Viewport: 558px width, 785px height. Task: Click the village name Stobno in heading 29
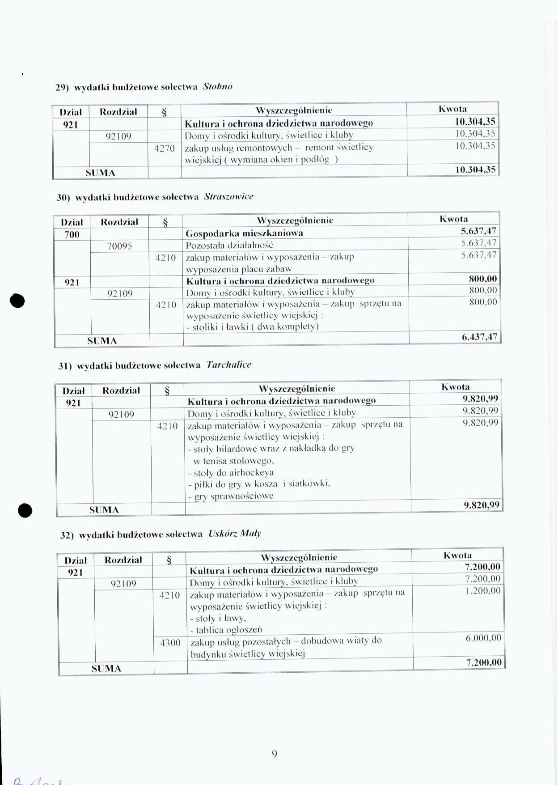point(217,86)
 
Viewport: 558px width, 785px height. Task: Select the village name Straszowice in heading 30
point(228,196)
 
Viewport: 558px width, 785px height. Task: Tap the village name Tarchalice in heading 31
point(228,365)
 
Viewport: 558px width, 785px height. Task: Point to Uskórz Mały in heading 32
point(235,533)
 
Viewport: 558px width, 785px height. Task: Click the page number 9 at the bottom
point(274,754)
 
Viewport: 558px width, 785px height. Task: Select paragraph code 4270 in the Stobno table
point(164,148)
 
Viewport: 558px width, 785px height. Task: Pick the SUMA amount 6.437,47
point(479,337)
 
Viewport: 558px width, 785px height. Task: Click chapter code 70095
point(119,246)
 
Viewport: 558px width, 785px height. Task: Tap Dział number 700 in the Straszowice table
point(72,234)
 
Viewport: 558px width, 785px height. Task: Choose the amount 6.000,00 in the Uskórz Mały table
point(483,638)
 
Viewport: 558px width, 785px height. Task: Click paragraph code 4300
point(170,643)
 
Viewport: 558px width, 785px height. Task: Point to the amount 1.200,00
point(483,590)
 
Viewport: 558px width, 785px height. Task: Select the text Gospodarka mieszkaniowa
point(244,233)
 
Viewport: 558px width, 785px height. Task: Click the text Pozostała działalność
point(229,245)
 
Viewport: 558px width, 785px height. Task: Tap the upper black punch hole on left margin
point(17,301)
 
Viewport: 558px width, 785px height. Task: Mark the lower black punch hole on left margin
point(25,510)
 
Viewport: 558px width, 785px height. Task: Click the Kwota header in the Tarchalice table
point(456,387)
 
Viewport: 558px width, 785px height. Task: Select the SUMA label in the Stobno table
point(100,173)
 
